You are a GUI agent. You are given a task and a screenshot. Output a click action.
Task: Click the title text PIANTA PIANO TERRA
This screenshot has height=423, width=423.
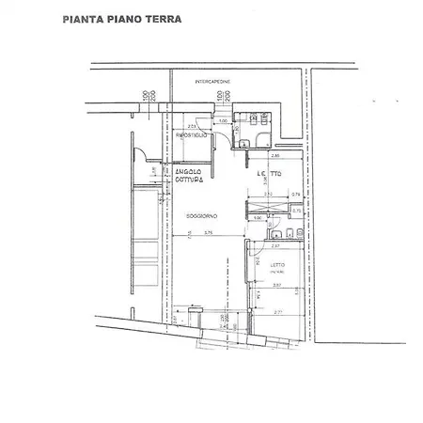click(122, 18)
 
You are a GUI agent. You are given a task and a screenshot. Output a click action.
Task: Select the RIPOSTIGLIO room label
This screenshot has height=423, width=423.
click(192, 137)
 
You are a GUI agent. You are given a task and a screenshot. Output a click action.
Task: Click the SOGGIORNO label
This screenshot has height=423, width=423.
click(201, 216)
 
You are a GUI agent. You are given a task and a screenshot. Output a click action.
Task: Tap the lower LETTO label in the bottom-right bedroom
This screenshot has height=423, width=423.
click(279, 265)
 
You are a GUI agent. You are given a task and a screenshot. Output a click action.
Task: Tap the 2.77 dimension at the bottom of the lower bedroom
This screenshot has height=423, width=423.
click(278, 311)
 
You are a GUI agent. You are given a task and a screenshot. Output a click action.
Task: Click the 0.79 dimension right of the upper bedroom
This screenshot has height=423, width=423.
click(295, 195)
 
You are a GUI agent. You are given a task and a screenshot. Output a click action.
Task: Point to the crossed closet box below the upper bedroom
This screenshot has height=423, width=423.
click(268, 209)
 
